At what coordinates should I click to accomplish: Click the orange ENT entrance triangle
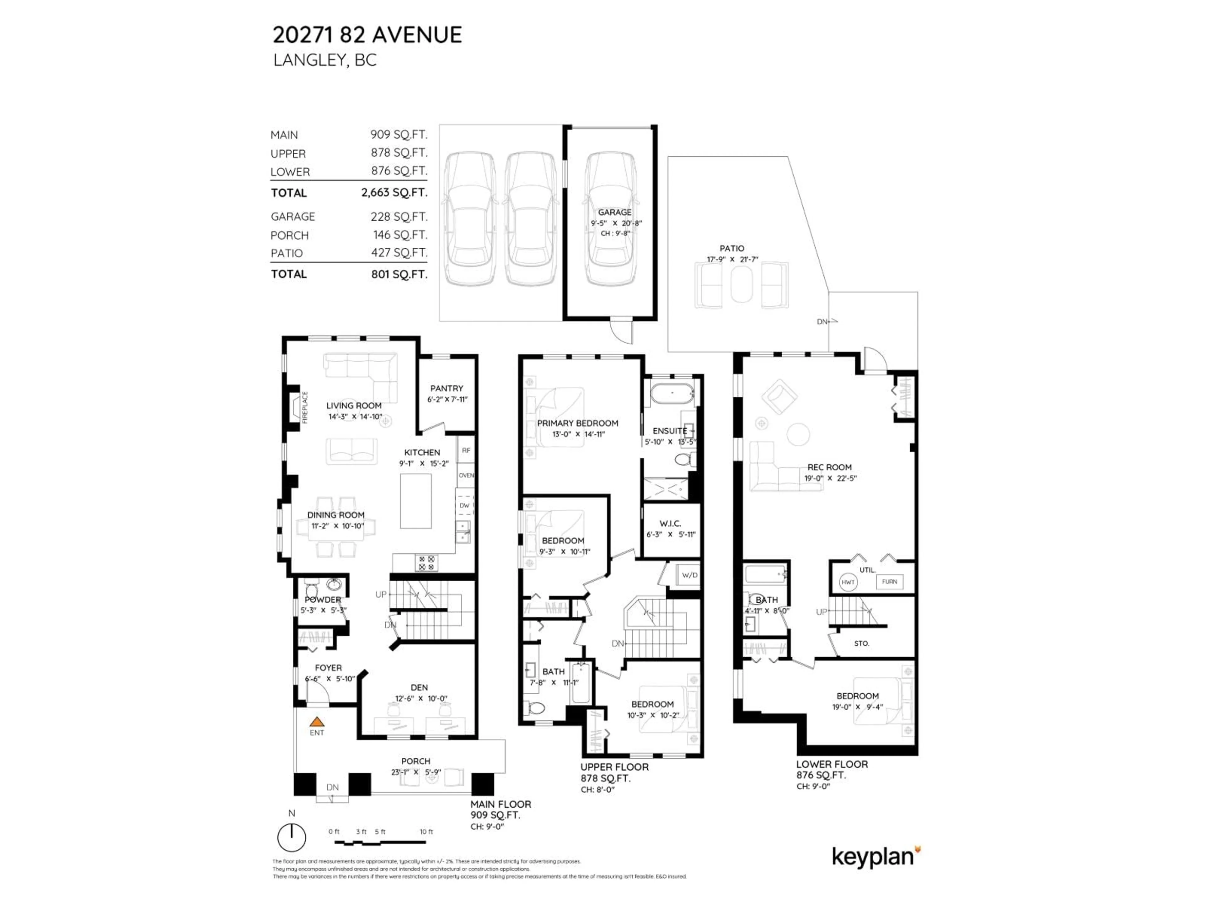[x=317, y=722]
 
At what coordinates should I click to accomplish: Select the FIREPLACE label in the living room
[x=305, y=407]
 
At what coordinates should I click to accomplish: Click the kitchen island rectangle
[x=416, y=501]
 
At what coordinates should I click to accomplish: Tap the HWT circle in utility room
[x=848, y=582]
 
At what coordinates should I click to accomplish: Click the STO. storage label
[x=861, y=643]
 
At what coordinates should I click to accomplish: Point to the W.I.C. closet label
[x=670, y=524]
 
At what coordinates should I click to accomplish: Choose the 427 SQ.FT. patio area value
[x=399, y=253]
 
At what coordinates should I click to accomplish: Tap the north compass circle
[x=292, y=837]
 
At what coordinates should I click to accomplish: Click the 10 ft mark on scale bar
[x=426, y=832]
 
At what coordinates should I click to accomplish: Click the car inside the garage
[x=611, y=218]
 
